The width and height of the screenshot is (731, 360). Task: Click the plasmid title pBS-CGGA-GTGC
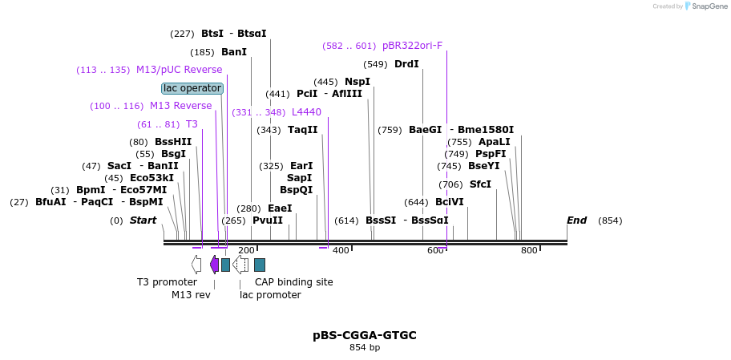pos(365,335)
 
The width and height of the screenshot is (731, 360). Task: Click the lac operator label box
pos(192,88)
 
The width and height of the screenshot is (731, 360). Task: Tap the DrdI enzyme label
pos(406,64)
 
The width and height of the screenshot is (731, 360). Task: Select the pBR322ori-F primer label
pos(412,46)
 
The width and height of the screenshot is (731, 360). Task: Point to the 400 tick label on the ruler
pos(341,251)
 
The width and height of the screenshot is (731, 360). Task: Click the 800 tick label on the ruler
pos(529,251)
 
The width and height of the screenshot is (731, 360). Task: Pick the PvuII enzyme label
pos(268,220)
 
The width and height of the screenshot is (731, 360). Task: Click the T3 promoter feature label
pos(167,282)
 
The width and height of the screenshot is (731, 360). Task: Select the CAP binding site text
pos(293,282)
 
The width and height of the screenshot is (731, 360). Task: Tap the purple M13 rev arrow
pos(214,264)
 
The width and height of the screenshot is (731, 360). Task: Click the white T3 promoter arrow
pos(196,264)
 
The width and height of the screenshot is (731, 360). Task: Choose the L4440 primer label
pos(306,112)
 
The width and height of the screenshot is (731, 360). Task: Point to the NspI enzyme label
pos(357,82)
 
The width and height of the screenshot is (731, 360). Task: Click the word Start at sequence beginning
pos(143,220)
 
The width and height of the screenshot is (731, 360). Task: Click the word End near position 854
pos(576,220)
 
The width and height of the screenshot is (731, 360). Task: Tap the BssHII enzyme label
pos(173,143)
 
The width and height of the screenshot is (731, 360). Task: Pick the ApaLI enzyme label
pos(495,142)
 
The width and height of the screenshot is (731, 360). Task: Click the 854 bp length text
pos(365,348)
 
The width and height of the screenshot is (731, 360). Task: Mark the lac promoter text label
pos(270,295)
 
